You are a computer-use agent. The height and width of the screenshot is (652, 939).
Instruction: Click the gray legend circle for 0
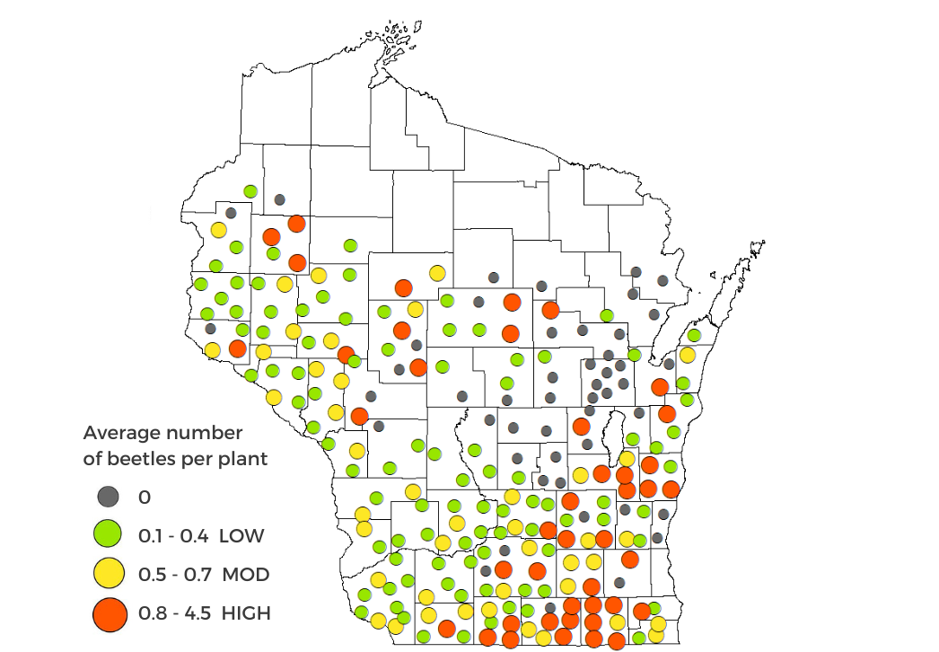click(108, 496)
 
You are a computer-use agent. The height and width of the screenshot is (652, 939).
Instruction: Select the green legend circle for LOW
click(108, 535)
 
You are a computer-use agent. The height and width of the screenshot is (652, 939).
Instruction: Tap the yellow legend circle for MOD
click(108, 574)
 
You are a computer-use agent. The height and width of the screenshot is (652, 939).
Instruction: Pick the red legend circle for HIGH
click(108, 613)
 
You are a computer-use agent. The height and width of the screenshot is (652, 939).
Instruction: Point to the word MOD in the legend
click(246, 575)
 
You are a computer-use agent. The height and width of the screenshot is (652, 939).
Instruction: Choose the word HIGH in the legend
click(246, 613)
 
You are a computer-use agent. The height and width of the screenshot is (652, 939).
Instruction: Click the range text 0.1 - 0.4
click(173, 536)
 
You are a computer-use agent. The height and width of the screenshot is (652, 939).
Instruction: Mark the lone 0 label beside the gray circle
click(145, 497)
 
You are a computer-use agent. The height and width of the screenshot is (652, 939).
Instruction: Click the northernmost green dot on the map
click(250, 191)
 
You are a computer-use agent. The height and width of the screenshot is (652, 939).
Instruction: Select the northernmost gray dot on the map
click(279, 199)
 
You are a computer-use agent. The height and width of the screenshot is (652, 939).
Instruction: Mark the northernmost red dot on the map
click(296, 224)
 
